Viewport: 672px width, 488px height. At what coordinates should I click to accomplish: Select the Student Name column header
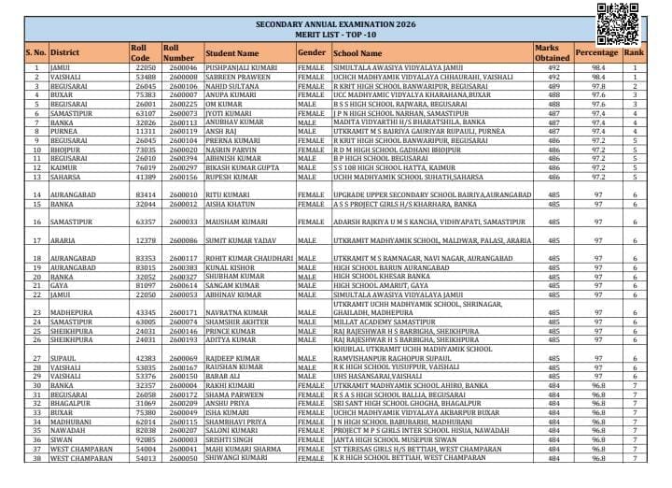[x=232, y=54]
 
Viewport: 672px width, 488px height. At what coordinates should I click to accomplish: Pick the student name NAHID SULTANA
[x=233, y=85]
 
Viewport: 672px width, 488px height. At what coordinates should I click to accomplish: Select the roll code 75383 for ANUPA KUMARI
[x=145, y=93]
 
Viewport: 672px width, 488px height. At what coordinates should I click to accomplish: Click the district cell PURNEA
[x=63, y=131]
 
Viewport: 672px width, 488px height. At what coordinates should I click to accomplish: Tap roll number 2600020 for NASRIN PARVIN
[x=182, y=148]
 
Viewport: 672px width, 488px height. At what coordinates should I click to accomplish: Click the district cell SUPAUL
[x=63, y=357]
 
